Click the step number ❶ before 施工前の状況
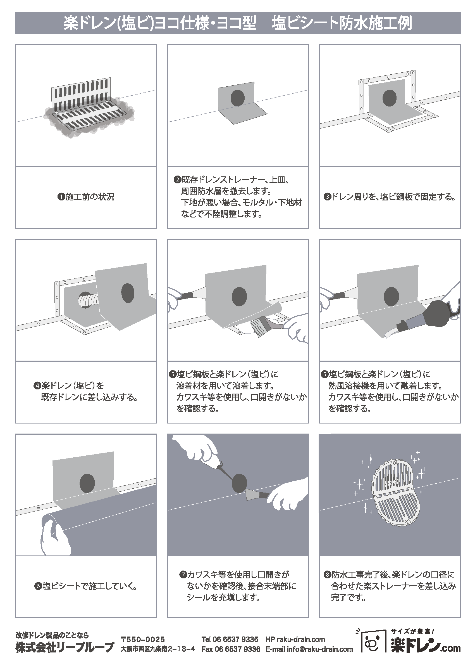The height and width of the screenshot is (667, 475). (x=61, y=197)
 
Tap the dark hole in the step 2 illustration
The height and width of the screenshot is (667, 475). (x=237, y=98)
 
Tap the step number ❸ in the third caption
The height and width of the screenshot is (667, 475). (x=327, y=197)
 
